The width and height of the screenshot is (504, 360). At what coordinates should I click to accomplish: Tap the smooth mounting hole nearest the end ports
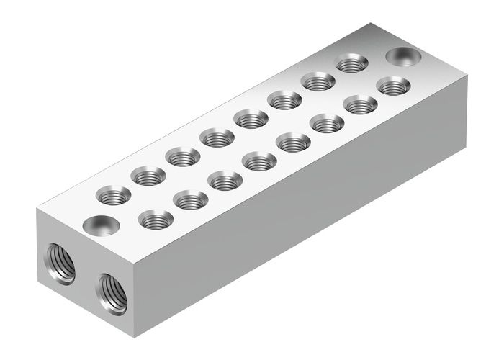click(x=99, y=225)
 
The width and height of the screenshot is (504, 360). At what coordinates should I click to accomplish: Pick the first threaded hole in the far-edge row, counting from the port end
click(x=114, y=194)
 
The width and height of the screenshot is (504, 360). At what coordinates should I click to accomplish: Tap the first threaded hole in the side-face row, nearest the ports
click(x=155, y=219)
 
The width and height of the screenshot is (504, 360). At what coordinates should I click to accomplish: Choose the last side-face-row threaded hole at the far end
click(x=393, y=86)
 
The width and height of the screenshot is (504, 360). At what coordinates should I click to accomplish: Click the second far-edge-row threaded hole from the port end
click(x=148, y=175)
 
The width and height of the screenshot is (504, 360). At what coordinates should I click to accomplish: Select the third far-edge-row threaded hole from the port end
click(x=183, y=156)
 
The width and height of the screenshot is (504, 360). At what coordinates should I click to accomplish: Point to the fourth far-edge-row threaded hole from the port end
click(x=217, y=136)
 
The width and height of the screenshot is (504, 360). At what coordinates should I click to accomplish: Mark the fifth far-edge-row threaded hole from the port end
click(x=251, y=118)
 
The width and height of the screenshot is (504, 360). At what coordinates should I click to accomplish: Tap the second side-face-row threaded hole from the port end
click(x=190, y=199)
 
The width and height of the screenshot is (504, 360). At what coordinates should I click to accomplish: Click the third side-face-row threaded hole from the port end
click(x=225, y=180)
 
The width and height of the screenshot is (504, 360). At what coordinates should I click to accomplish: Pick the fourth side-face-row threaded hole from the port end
click(x=259, y=161)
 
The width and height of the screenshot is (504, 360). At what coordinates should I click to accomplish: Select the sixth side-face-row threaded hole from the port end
click(x=328, y=123)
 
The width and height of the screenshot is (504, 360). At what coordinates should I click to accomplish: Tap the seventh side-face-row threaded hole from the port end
click(x=360, y=104)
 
